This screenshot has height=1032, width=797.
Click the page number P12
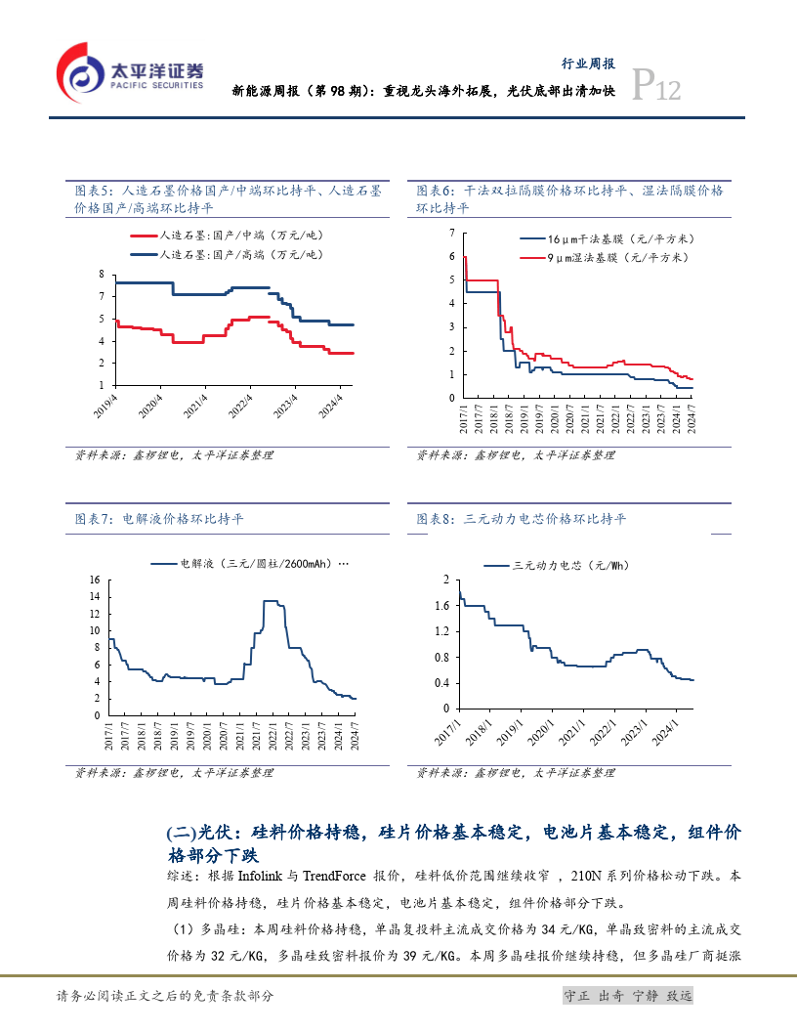coord(656,88)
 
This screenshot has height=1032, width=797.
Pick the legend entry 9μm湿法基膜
coord(605,257)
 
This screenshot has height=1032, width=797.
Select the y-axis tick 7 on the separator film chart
coord(451,232)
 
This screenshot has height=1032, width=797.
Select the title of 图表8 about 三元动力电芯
coord(522,519)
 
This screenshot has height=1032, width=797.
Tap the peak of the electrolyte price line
coord(272,601)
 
